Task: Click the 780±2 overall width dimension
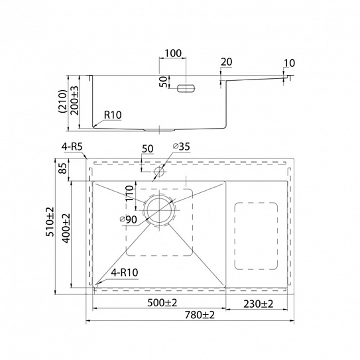[200, 315]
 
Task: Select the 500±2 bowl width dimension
[162, 303]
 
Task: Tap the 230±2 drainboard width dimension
[259, 304]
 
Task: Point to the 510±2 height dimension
[50, 221]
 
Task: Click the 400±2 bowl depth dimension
[66, 228]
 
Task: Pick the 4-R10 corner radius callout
[125, 272]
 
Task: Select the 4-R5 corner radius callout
[72, 147]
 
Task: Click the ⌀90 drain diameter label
[129, 219]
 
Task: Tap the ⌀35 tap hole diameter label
[182, 147]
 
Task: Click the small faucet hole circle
[159, 172]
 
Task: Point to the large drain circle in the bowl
[159, 210]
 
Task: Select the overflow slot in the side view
[186, 88]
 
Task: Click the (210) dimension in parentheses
[62, 101]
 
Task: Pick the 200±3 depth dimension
[74, 100]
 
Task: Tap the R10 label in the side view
[113, 115]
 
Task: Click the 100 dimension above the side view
[173, 53]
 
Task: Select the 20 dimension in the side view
[227, 62]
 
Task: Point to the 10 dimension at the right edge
[289, 63]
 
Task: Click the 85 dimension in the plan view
[64, 168]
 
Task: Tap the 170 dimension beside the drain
[130, 193]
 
